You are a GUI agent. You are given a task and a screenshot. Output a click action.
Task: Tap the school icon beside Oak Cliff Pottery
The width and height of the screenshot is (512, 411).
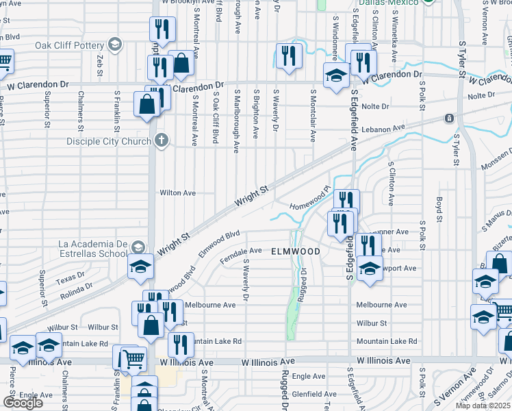coord(115,46)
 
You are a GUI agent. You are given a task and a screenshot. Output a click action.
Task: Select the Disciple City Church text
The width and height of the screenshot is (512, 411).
coord(108,142)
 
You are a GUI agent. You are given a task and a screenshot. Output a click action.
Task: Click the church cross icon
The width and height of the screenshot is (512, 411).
coord(162,141)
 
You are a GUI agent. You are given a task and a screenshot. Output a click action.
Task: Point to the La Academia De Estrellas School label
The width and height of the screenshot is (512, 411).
coord(94,248)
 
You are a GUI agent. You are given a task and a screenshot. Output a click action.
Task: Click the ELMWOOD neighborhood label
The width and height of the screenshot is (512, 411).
coord(296,252)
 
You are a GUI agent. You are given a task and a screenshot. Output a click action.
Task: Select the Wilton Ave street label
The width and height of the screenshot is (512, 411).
coord(178,193)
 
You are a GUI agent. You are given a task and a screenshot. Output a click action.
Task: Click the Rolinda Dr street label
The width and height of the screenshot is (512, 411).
coord(76,295)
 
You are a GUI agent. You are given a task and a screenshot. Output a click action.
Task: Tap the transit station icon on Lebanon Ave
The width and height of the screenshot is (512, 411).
coord(449,119)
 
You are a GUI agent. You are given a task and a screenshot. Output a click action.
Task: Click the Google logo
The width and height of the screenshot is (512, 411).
coord(23,403)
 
